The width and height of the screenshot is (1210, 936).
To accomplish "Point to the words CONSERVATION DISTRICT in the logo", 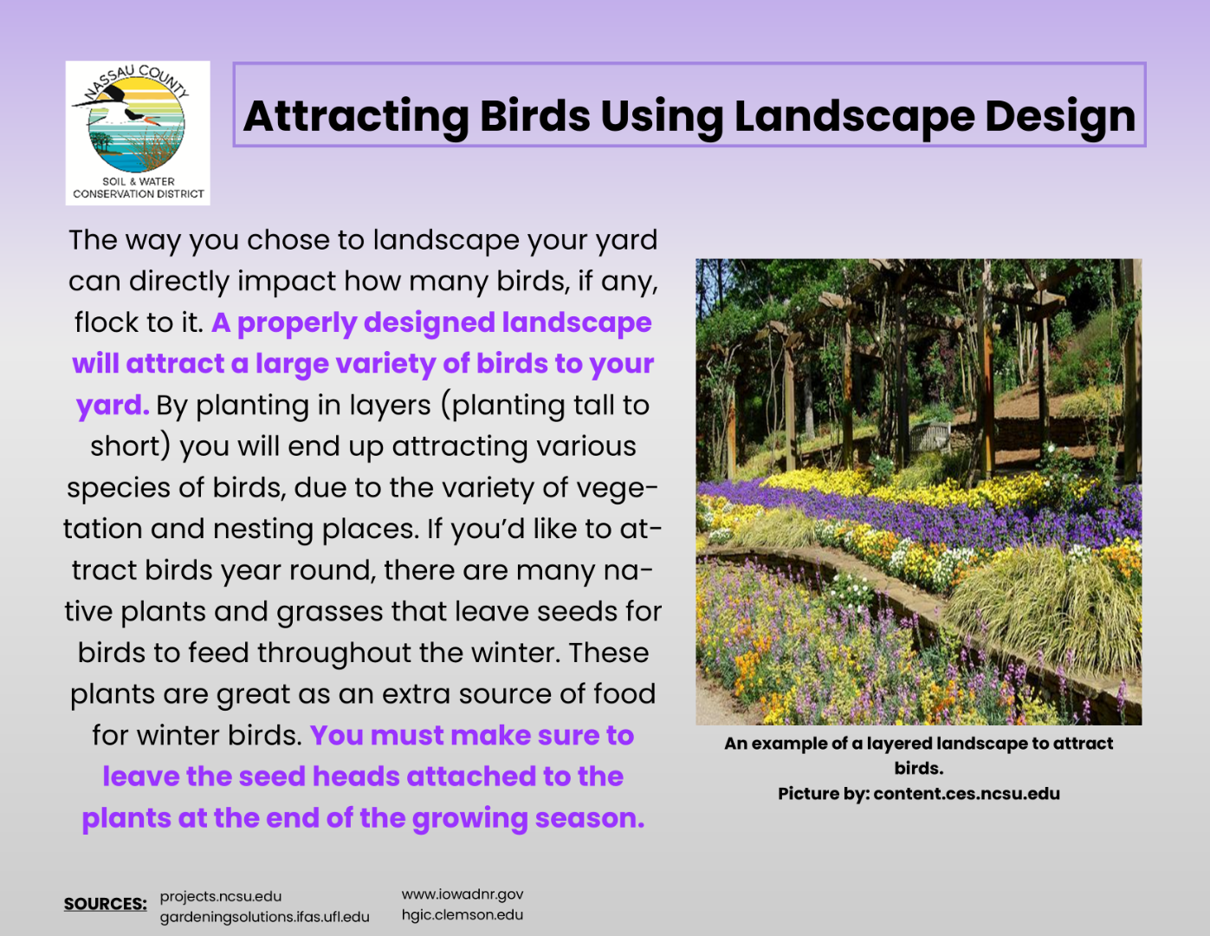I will click(x=139, y=194).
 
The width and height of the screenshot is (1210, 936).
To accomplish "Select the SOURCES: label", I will click(x=105, y=904).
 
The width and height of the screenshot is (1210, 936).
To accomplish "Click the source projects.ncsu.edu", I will click(x=221, y=896).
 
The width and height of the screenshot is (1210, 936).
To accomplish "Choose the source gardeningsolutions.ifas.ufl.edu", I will click(x=264, y=917).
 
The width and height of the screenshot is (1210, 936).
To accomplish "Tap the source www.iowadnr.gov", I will click(x=463, y=894).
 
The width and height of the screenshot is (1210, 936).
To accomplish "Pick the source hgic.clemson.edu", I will click(x=463, y=915).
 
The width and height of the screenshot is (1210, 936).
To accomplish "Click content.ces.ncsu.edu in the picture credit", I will click(x=967, y=794).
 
